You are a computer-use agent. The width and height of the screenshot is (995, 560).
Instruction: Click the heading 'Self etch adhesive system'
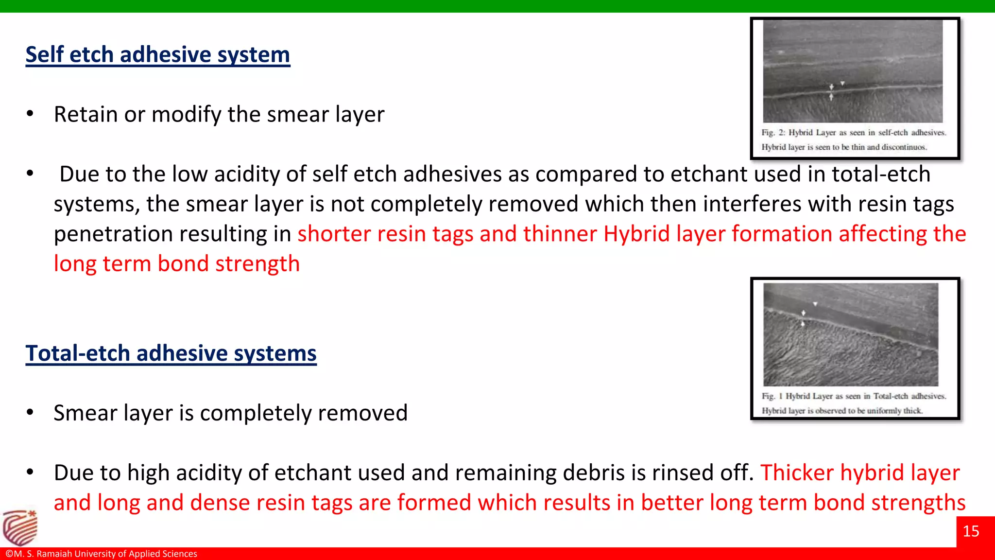[x=158, y=54]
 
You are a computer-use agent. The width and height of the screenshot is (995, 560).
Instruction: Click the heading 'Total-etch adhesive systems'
[x=171, y=353]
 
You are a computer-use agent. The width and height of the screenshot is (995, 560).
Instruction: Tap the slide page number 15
[x=971, y=531]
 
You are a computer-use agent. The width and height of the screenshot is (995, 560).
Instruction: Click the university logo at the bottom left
[x=20, y=527]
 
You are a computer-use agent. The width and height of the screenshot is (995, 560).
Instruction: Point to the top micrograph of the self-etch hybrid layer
[x=853, y=71]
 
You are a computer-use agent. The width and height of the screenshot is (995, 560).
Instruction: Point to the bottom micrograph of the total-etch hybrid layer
[x=851, y=335]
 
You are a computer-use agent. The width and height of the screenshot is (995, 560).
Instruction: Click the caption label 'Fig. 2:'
[x=773, y=133]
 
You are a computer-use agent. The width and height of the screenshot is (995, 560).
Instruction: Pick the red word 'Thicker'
[x=797, y=473]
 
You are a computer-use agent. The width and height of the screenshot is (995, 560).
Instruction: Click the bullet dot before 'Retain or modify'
[x=30, y=114]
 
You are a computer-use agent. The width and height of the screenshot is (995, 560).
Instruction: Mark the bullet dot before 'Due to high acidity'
[x=30, y=472]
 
